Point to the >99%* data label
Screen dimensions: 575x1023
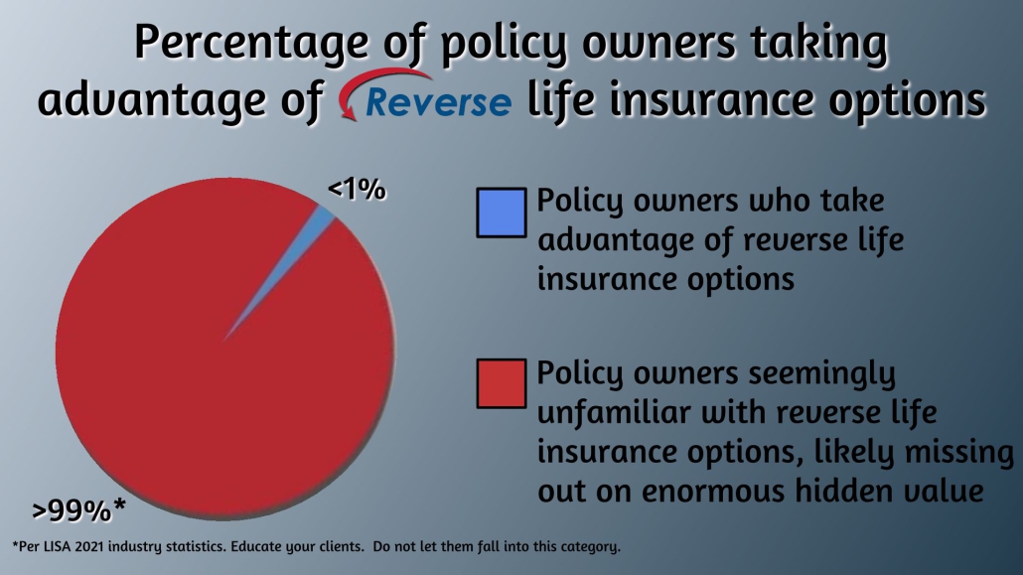(78, 510)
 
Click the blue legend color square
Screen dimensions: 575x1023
(501, 213)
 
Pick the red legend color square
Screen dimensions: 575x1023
(501, 385)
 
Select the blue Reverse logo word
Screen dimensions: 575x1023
(439, 100)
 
